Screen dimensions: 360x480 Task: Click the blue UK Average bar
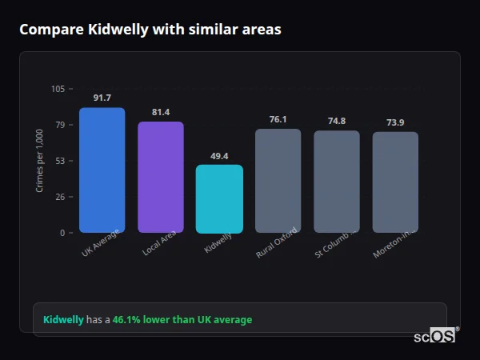pyautogui.click(x=102, y=170)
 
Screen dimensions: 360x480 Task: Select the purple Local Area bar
pyautogui.click(x=161, y=178)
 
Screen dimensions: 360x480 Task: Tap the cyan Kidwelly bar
pyautogui.click(x=219, y=199)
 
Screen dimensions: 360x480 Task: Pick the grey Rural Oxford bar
pyautogui.click(x=278, y=181)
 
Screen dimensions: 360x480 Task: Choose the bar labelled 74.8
pyautogui.click(x=337, y=182)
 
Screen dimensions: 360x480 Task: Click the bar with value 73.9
pyautogui.click(x=395, y=182)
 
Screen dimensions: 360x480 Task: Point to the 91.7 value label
pyautogui.click(x=102, y=98)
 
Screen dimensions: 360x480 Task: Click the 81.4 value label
pyautogui.click(x=161, y=112)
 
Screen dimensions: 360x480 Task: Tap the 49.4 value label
pyautogui.click(x=219, y=156)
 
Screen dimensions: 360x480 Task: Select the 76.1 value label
pyautogui.click(x=278, y=119)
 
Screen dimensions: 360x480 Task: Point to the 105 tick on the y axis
pyautogui.click(x=58, y=89)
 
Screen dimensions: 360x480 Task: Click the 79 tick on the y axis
pyautogui.click(x=60, y=125)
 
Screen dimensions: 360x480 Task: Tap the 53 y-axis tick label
pyautogui.click(x=60, y=161)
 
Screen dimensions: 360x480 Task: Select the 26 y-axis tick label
pyautogui.click(x=60, y=197)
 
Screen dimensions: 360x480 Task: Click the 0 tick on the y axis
pyautogui.click(x=62, y=233)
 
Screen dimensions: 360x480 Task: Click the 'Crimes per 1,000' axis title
pyautogui.click(x=40, y=161)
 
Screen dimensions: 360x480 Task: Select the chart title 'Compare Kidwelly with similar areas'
pyautogui.click(x=150, y=30)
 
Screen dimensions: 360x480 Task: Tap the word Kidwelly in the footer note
pyautogui.click(x=63, y=320)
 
